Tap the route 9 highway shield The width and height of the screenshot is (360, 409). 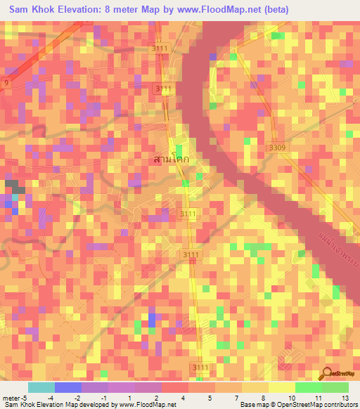pos(7,84)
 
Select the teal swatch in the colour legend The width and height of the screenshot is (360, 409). pos(41,387)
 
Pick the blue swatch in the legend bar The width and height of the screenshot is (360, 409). pos(68,387)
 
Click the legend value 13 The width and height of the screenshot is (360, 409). pos(344,398)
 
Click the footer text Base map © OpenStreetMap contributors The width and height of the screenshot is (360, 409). pos(297,405)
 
